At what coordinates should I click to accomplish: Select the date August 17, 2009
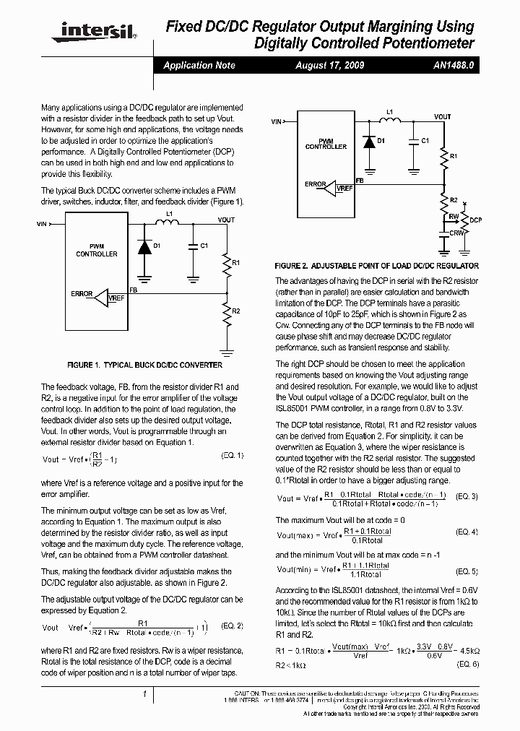pyautogui.click(x=330, y=65)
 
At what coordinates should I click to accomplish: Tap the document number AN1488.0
pyautogui.click(x=454, y=65)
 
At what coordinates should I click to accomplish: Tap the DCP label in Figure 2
pyautogui.click(x=475, y=220)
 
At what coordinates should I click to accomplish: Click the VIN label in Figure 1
pyautogui.click(x=41, y=225)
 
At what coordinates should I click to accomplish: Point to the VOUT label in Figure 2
pyautogui.click(x=442, y=117)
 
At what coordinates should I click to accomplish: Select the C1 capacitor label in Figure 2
pyautogui.click(x=425, y=140)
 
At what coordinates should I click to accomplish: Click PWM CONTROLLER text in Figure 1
pyautogui.click(x=97, y=251)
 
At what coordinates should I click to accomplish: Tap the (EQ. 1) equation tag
pyautogui.click(x=232, y=455)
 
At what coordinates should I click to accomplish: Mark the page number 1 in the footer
pyautogui.click(x=145, y=694)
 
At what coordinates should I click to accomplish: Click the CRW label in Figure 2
pyautogui.click(x=456, y=233)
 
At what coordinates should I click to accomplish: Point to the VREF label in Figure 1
pyautogui.click(x=116, y=298)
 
